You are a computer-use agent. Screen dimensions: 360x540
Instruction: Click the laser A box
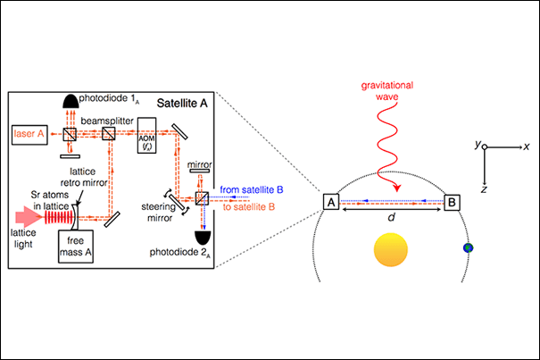(32, 134)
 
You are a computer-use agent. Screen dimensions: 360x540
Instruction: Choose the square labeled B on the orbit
(453, 202)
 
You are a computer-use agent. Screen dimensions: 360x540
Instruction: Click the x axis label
(528, 145)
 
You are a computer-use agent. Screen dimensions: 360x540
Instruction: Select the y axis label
(478, 141)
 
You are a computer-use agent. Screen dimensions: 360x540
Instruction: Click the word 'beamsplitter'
(112, 117)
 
